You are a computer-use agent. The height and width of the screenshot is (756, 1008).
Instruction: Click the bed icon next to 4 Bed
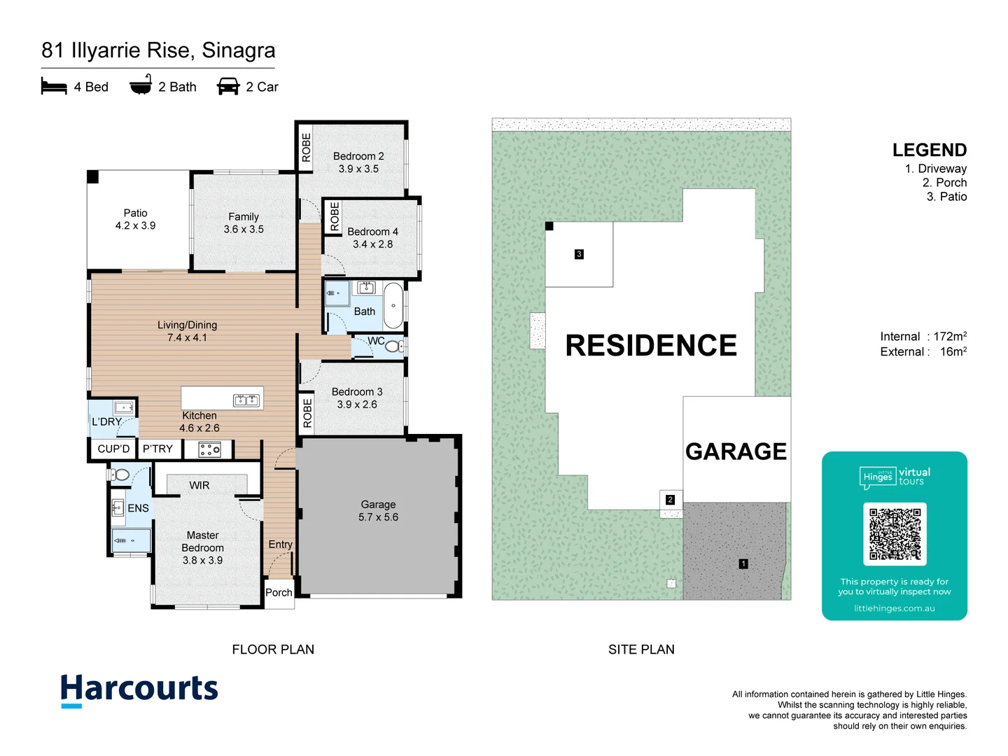(x=54, y=87)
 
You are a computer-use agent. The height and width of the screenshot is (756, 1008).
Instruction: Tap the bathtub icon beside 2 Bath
(x=141, y=85)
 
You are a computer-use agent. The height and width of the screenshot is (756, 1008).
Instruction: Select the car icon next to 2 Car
(x=228, y=87)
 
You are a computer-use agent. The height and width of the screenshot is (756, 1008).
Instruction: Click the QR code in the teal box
(x=895, y=533)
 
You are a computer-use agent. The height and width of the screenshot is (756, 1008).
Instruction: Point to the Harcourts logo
(x=139, y=689)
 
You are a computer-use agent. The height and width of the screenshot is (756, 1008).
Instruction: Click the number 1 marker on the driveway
(x=743, y=563)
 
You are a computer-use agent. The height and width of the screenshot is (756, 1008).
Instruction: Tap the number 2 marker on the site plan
(x=670, y=500)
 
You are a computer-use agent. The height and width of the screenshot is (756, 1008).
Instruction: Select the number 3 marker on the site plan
(x=579, y=254)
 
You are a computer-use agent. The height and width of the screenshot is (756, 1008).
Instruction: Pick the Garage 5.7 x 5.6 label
(x=378, y=511)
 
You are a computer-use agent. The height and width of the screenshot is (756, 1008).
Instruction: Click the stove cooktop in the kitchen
(x=209, y=449)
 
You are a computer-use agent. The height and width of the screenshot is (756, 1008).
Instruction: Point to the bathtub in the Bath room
(x=393, y=306)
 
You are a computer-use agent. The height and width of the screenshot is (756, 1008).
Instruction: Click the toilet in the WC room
(x=393, y=346)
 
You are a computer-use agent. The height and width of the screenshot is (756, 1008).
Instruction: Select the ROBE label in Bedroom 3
(x=307, y=413)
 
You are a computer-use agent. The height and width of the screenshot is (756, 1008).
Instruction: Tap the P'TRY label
(x=157, y=449)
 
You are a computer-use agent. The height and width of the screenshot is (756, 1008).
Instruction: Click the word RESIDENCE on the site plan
(x=651, y=346)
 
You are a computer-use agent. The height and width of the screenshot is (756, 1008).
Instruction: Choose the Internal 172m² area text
(x=923, y=337)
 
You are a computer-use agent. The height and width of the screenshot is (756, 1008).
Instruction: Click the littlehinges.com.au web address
(x=894, y=608)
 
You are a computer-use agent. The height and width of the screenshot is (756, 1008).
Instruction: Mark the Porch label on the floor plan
(x=279, y=593)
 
